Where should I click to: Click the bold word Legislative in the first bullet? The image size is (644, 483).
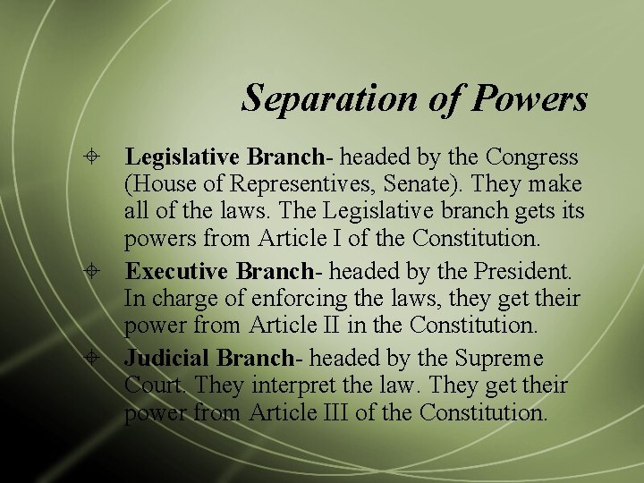(x=182, y=157)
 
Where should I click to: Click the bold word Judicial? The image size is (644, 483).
(x=167, y=358)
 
